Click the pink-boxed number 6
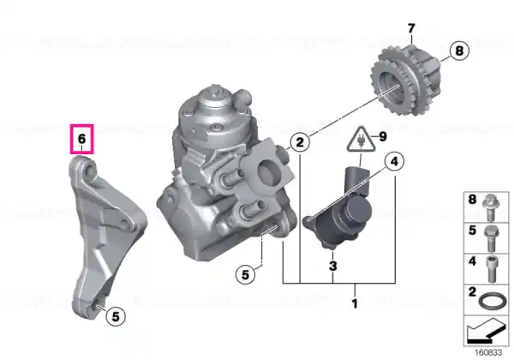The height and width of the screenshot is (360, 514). tap(81, 139)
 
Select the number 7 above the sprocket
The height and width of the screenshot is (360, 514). tap(411, 28)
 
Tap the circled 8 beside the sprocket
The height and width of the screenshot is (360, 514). tap(459, 51)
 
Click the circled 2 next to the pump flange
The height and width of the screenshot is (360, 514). tap(300, 142)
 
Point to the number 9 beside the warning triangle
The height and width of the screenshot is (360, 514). tap(383, 137)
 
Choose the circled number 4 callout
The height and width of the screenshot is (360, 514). tap(394, 161)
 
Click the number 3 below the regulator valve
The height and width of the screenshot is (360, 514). tap(332, 266)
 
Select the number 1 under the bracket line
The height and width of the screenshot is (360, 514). tap(355, 304)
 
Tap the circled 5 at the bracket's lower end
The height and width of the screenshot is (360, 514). tap(116, 317)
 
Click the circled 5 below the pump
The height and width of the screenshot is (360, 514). tap(246, 274)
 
